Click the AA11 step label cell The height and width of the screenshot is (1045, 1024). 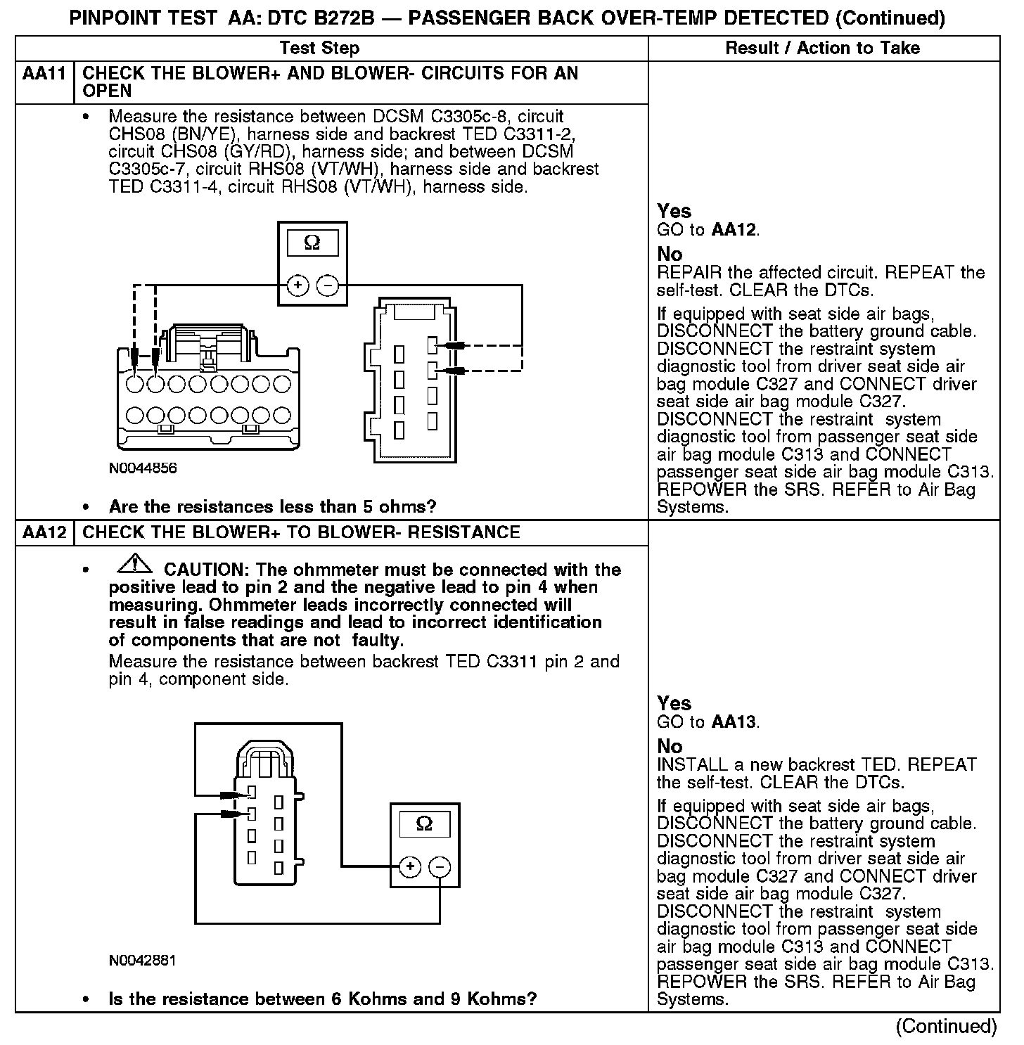44,74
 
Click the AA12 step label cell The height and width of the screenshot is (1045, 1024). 44,532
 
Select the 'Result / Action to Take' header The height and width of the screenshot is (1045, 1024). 822,49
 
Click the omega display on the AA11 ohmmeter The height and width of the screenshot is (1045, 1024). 312,243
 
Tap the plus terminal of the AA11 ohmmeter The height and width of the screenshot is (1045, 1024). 298,286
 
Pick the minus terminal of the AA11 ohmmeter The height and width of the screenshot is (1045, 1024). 327,286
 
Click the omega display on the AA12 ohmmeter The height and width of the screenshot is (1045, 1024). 424,824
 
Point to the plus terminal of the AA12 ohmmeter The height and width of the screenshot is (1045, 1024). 410,867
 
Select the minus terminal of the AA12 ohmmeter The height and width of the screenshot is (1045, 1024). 440,867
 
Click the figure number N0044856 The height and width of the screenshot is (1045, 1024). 143,468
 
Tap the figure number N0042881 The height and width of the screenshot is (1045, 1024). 143,961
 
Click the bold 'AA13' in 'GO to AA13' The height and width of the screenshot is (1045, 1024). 734,722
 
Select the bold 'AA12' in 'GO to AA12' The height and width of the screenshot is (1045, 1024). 734,230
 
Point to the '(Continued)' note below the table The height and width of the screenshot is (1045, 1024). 946,1027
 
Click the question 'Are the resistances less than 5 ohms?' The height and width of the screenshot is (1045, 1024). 272,507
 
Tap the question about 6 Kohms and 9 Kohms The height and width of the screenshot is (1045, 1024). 323,999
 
